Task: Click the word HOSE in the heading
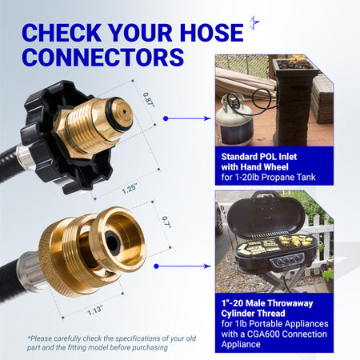coord(211,33)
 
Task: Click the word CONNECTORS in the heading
coord(103,57)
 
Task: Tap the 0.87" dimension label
coord(149,100)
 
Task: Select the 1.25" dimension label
coord(130,189)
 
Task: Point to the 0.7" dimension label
coord(167,222)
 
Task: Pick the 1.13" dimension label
coord(95,310)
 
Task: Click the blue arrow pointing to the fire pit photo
coord(187,118)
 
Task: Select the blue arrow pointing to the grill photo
coord(182,266)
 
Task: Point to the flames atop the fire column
coord(298,58)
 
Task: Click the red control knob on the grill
coord(293,258)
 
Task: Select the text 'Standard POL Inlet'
coord(259,157)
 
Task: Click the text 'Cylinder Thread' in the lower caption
coord(253,314)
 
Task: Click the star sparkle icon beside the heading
coord(254,22)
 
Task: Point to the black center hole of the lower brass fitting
coord(112,241)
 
